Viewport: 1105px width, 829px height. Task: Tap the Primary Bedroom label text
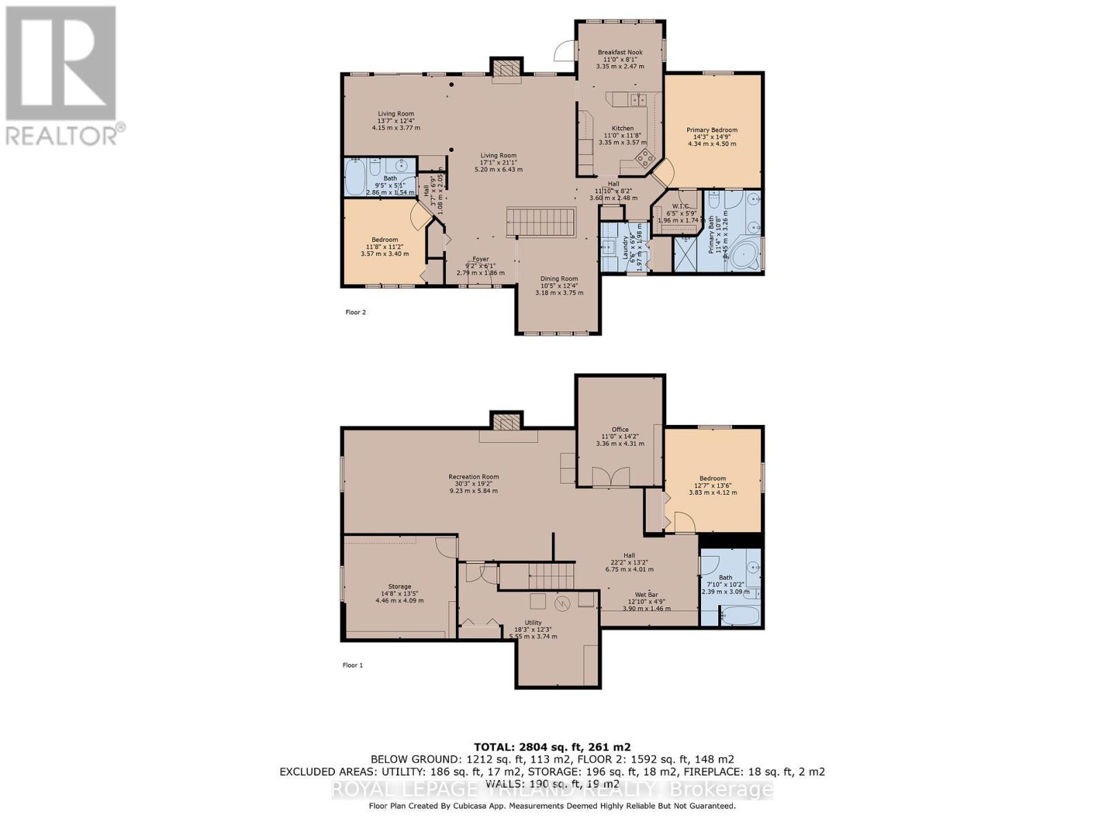pos(711,130)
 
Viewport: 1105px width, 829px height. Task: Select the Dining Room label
pos(559,279)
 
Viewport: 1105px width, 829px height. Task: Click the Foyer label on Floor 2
pos(480,260)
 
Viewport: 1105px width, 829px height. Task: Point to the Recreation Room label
pos(473,477)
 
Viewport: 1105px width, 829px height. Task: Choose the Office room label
pos(619,430)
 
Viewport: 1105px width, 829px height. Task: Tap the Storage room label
pos(399,587)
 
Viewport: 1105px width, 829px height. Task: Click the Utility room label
pos(532,622)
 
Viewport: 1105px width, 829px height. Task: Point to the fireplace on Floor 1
pos(506,423)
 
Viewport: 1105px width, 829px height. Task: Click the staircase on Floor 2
pos(541,222)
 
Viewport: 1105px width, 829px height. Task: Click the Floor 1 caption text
pos(352,665)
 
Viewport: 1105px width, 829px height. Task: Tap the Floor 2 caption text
pos(355,312)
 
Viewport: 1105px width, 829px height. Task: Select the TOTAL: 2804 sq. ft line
pos(552,747)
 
